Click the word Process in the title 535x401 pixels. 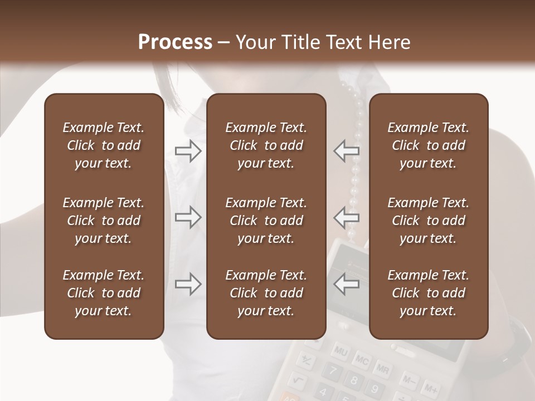click(175, 42)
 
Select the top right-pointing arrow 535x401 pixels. click(188, 151)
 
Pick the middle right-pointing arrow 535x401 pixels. click(188, 217)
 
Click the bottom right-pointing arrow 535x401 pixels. click(188, 284)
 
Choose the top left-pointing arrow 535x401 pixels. click(347, 150)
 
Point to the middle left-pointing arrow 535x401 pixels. click(347, 217)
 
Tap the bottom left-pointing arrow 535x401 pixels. click(347, 284)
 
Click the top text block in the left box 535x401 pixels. click(104, 145)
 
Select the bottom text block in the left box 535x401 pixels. click(104, 293)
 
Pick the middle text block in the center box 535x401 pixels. click(266, 221)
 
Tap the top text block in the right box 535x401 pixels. click(429, 145)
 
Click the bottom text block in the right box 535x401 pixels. click(429, 293)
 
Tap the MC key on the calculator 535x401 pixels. click(361, 360)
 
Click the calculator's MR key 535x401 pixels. click(382, 368)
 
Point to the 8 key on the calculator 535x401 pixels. click(353, 380)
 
